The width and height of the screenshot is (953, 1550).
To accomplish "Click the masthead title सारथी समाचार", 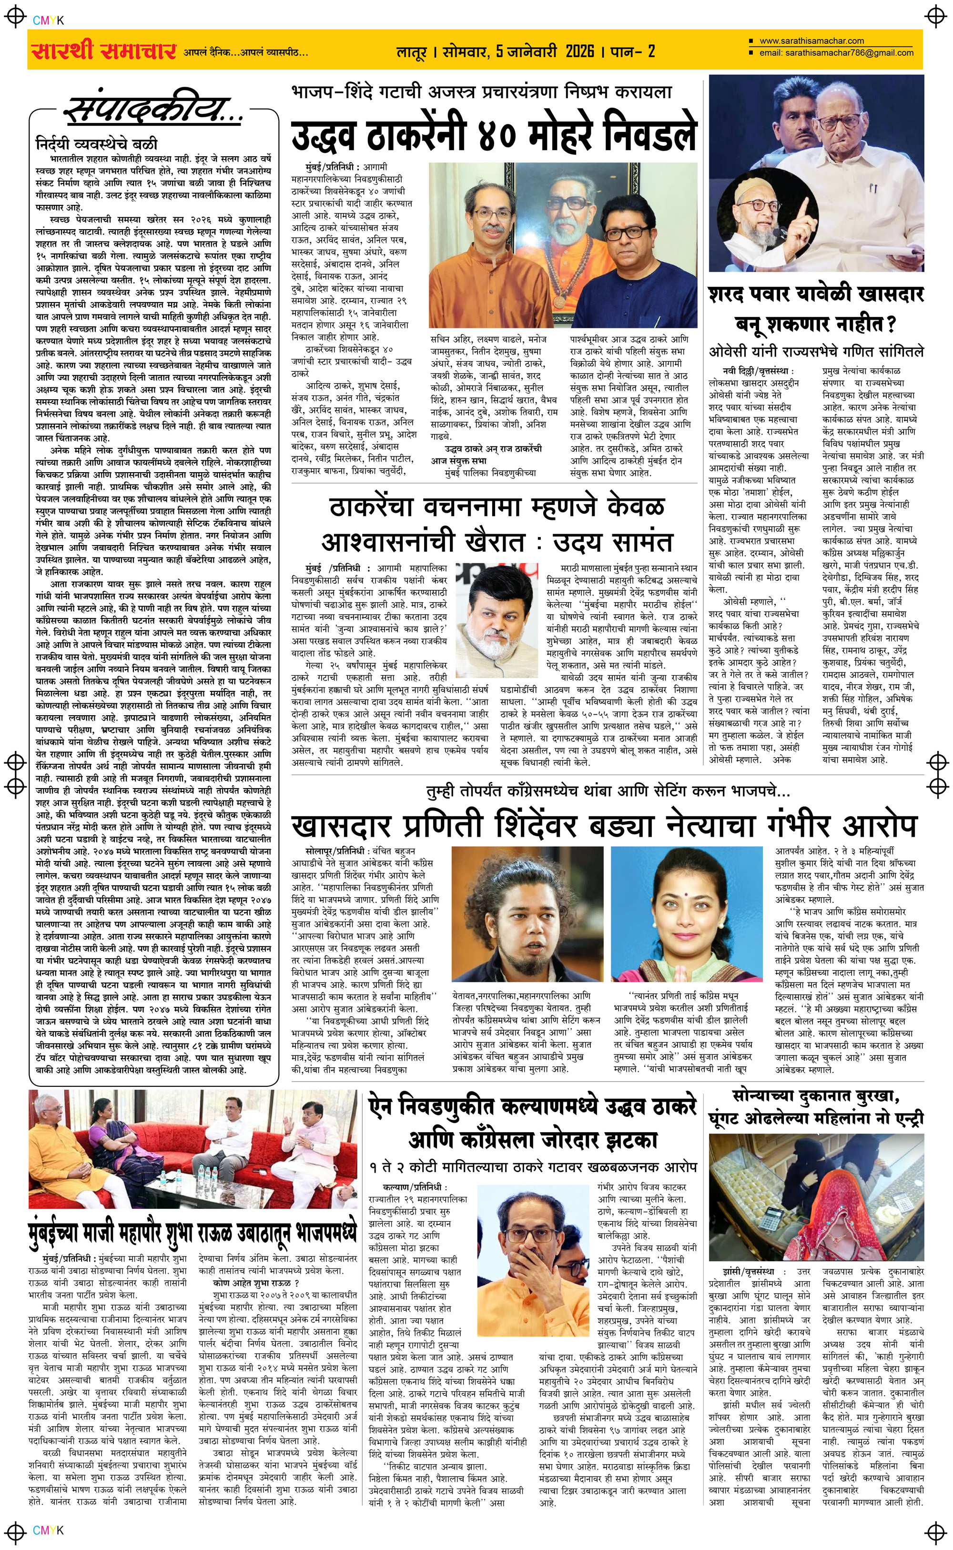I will pyautogui.click(x=103, y=51).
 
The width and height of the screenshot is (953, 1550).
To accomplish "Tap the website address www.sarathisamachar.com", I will pyautogui.click(x=812, y=41).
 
